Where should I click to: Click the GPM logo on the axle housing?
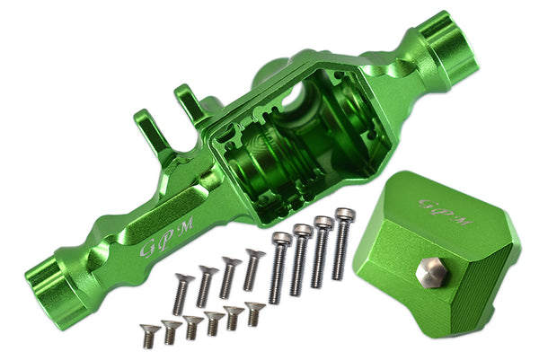coord(168,236)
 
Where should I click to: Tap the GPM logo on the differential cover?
coord(446,212)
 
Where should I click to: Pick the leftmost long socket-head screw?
coord(279,267)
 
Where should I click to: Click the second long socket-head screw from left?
coord(299,259)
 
